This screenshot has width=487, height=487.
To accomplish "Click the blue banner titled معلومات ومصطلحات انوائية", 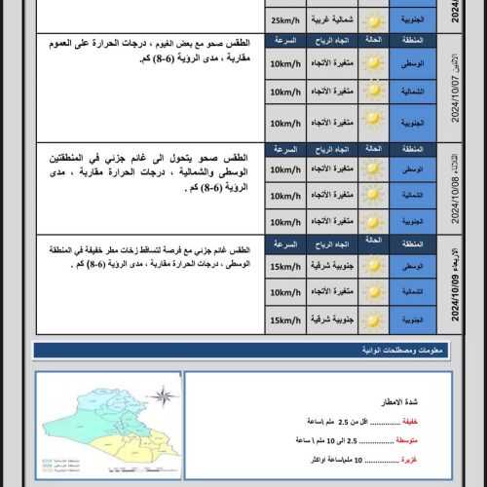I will click(243, 352).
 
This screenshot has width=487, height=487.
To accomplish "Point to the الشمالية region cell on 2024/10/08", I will click(412, 194).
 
